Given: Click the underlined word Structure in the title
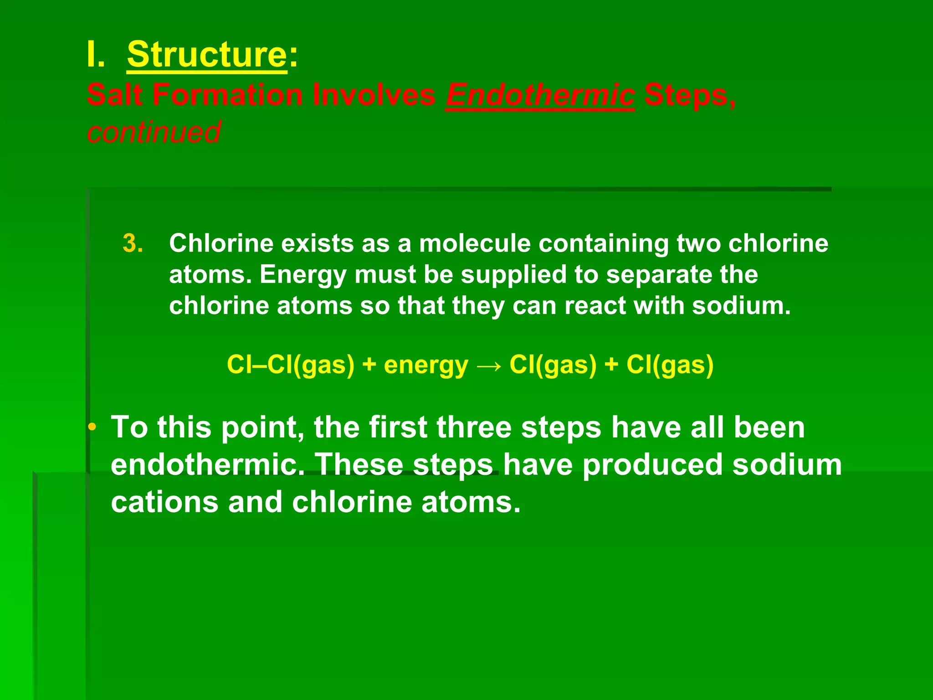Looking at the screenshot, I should pyautogui.click(x=207, y=55).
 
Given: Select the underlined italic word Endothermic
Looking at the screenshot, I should pyautogui.click(x=540, y=95).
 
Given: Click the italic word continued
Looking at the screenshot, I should pyautogui.click(x=154, y=132).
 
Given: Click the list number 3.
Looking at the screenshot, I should pyautogui.click(x=133, y=243).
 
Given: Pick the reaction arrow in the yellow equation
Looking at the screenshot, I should pyautogui.click(x=489, y=365).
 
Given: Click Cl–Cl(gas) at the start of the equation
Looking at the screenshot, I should pyautogui.click(x=290, y=365).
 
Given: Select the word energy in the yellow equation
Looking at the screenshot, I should pyautogui.click(x=425, y=365).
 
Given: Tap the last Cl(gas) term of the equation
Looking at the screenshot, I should pyautogui.click(x=670, y=365).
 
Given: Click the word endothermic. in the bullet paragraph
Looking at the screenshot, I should pyautogui.click(x=208, y=465).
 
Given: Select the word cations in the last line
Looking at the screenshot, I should pyautogui.click(x=164, y=502).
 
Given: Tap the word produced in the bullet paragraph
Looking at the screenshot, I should pyautogui.click(x=652, y=465).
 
